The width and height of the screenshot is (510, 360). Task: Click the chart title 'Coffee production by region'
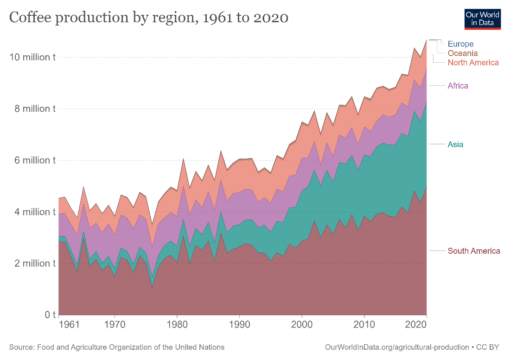point(149,18)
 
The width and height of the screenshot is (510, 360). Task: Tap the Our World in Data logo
point(483,18)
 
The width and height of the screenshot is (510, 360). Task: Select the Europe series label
point(460,44)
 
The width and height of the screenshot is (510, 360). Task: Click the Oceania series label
point(462,53)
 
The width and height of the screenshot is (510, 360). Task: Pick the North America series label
point(473,63)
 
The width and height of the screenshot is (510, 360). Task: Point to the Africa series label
point(458,86)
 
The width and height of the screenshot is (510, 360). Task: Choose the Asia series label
point(455,144)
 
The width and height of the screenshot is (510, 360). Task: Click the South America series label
point(473,251)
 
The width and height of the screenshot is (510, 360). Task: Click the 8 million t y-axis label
point(32,109)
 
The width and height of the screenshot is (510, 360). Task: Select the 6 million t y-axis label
point(32,160)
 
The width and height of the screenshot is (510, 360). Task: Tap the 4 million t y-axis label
point(32,212)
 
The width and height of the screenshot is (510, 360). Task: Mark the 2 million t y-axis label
point(32,264)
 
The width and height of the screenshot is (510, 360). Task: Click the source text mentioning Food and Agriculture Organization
point(116,347)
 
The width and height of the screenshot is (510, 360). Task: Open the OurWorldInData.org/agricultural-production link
point(397,347)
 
